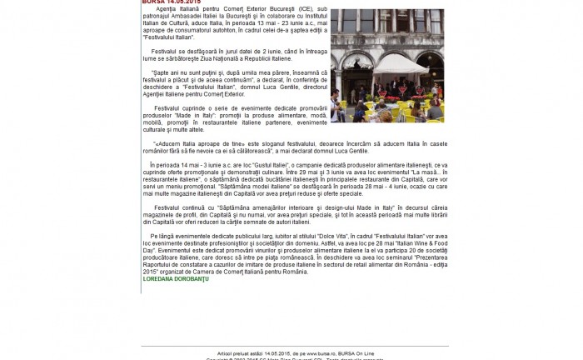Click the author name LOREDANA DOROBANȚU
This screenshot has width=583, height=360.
pos(176,279)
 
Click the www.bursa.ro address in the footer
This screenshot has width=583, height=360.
pos(326,353)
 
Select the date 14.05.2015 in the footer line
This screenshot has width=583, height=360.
pos(277,353)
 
